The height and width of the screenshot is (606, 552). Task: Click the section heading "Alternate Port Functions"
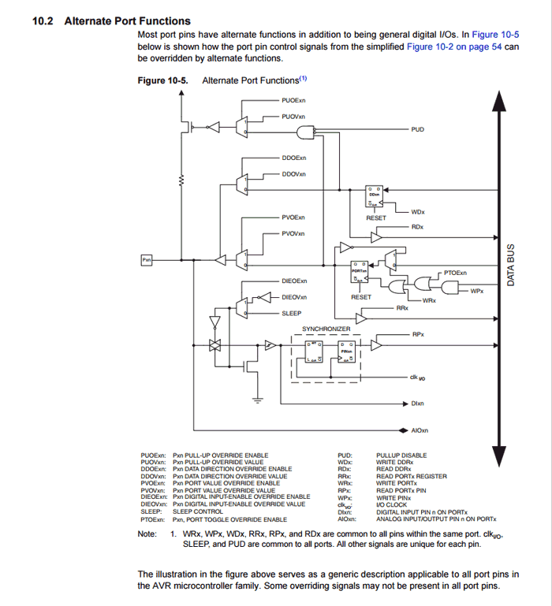(127, 20)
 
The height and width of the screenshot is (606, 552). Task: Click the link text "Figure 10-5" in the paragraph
(495, 35)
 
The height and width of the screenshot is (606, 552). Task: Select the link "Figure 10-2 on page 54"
(454, 46)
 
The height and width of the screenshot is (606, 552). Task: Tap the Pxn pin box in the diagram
(146, 259)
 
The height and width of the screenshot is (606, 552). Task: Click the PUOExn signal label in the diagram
(293, 101)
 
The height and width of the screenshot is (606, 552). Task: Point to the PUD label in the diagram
(418, 128)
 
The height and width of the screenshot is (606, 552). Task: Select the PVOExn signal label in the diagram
(293, 217)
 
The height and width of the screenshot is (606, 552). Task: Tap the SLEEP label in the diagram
(292, 313)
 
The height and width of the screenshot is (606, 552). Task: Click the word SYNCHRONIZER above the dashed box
(326, 328)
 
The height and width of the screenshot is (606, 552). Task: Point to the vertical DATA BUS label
(510, 264)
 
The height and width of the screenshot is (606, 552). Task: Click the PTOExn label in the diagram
(455, 273)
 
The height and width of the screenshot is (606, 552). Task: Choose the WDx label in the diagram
(418, 212)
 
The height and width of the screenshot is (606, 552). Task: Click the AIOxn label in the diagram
(420, 430)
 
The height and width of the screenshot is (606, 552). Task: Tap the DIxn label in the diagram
(418, 403)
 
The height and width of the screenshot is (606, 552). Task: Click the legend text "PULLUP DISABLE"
(401, 455)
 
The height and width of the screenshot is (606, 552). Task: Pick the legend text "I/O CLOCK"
(392, 505)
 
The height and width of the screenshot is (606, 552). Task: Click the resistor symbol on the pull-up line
(183, 180)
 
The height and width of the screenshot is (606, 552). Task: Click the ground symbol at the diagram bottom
(257, 400)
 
